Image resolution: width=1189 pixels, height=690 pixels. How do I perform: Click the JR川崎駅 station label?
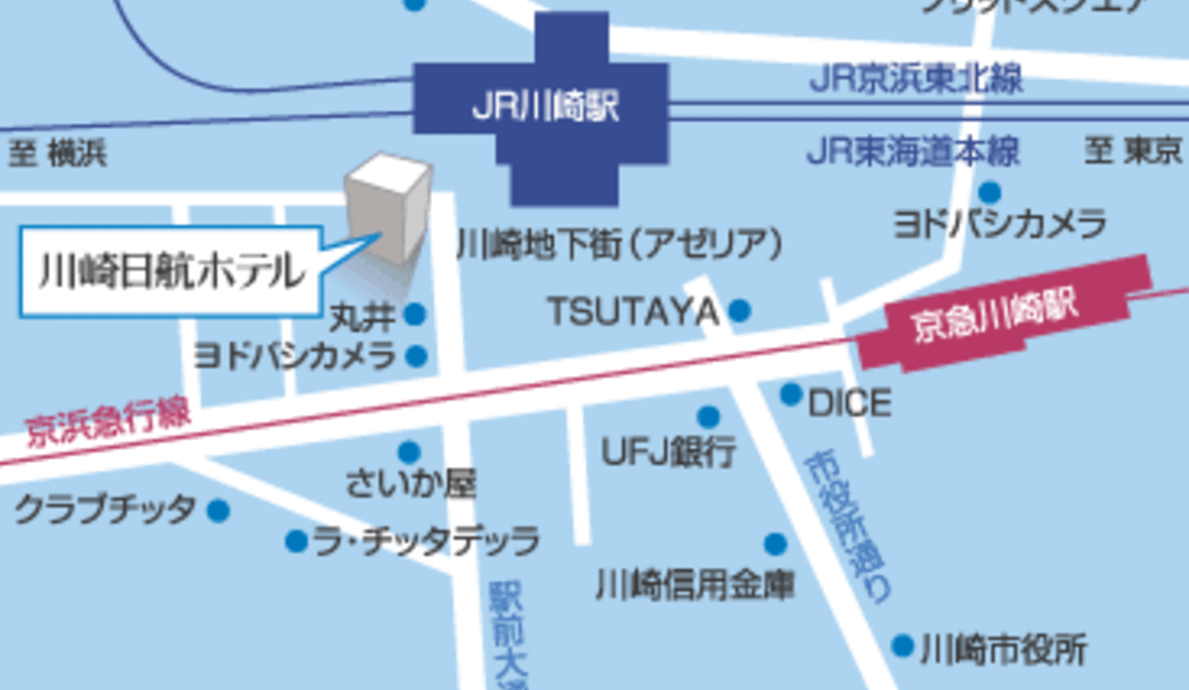[x=545, y=107]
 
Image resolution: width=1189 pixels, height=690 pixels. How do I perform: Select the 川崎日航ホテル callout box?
[x=170, y=271]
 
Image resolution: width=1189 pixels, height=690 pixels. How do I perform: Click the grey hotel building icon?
[x=388, y=209]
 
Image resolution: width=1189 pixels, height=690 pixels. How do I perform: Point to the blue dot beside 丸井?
[x=415, y=314]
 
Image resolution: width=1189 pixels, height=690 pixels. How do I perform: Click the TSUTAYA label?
[x=632, y=311]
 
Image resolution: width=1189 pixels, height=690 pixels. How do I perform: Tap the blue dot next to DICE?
[x=791, y=395]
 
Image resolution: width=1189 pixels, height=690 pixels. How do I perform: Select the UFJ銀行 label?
[x=670, y=452]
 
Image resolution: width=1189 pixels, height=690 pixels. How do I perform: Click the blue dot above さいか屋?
[x=408, y=452]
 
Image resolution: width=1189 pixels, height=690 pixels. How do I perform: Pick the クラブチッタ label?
[x=105, y=511]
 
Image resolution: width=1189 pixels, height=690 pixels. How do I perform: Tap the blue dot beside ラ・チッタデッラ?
[x=295, y=540]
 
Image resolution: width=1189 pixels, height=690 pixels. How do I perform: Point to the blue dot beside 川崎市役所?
[x=902, y=646]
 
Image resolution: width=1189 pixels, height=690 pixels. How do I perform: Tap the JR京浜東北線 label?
[x=916, y=78]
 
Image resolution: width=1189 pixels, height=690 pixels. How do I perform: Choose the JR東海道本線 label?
[x=913, y=153]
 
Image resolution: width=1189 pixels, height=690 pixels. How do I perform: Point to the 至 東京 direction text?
[x=1134, y=152]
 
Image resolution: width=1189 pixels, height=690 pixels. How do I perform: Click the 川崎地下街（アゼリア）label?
[x=619, y=243]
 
